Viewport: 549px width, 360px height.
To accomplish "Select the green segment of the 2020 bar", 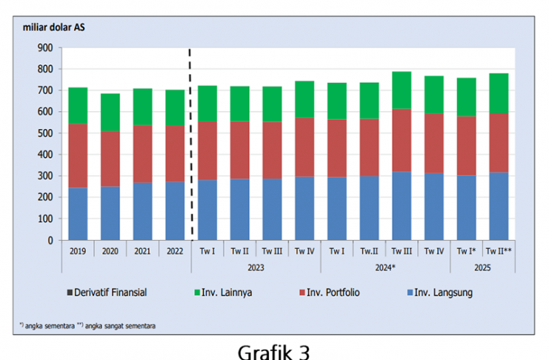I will pos(110,112).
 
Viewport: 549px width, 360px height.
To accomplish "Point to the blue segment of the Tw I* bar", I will pos(465,207).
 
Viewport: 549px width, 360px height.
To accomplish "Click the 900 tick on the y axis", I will pos(44,48).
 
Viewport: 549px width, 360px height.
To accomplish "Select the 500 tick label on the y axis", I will pos(44,133).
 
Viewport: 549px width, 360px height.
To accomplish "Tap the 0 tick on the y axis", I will pos(49,241).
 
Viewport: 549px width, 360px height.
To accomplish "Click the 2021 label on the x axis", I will pos(143,251).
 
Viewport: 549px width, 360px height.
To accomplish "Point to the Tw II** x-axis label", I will pos(498,251).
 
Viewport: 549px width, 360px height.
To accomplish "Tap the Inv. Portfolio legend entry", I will pos(330,293).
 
